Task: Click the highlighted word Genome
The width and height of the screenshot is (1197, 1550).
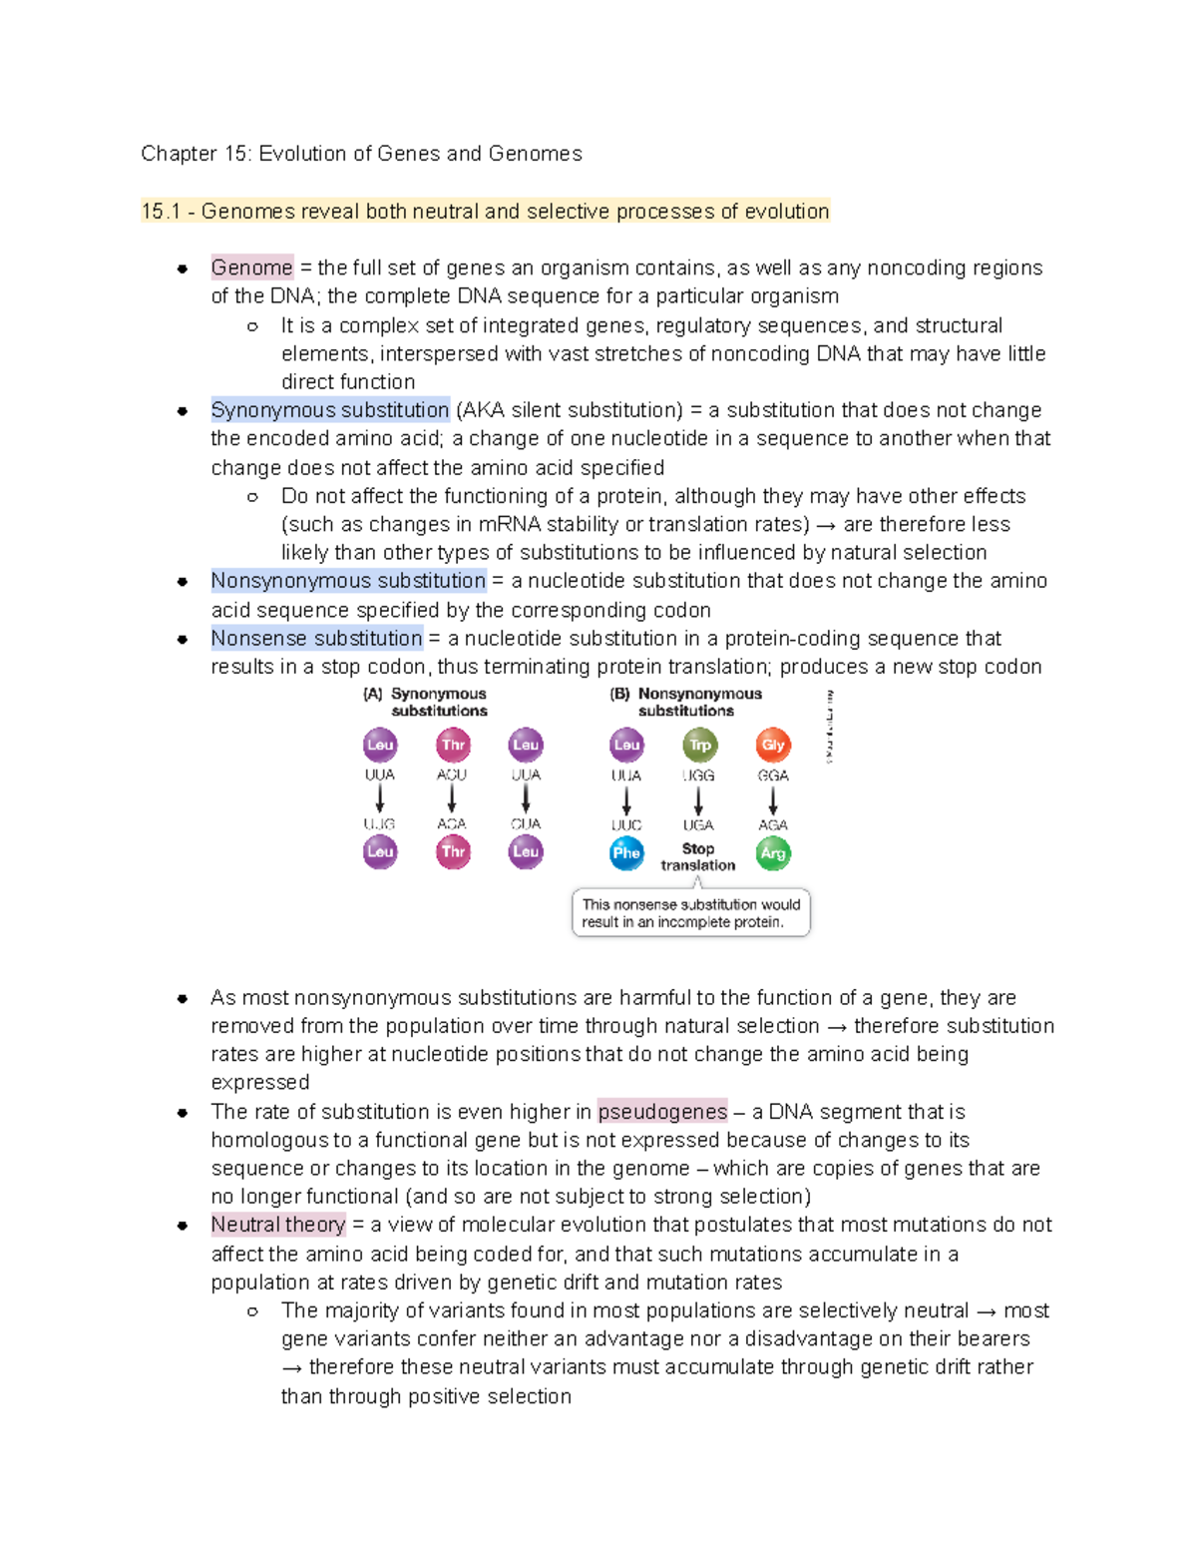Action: pos(251,267)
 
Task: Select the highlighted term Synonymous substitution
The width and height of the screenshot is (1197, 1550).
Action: pos(330,410)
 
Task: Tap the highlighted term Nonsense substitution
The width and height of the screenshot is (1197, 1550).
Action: pos(316,638)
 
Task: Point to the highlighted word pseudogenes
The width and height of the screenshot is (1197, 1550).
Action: pos(662,1112)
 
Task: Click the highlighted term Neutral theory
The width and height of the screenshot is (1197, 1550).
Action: pos(278,1225)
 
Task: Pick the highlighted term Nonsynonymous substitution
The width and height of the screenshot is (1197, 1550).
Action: pos(348,581)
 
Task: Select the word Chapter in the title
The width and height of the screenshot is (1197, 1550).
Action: pos(179,154)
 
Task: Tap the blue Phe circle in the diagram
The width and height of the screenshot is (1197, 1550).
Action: pos(626,853)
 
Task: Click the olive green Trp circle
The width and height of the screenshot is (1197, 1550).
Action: pos(699,745)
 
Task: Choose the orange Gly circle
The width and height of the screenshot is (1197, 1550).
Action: pos(773,745)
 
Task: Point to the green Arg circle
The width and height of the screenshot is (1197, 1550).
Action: pos(773,853)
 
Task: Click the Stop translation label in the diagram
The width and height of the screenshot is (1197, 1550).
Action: pos(698,856)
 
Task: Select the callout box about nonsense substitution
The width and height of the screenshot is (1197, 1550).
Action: pos(690,913)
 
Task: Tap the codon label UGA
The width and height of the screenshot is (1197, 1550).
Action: pos(698,825)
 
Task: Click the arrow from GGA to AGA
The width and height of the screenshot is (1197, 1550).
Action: pos(773,800)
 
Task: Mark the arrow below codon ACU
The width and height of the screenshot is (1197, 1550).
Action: pos(452,798)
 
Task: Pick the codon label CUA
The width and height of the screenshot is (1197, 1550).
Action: pos(526,824)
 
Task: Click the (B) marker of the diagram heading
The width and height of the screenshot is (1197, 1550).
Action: pos(619,694)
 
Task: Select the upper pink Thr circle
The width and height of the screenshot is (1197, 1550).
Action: pos(453,745)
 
